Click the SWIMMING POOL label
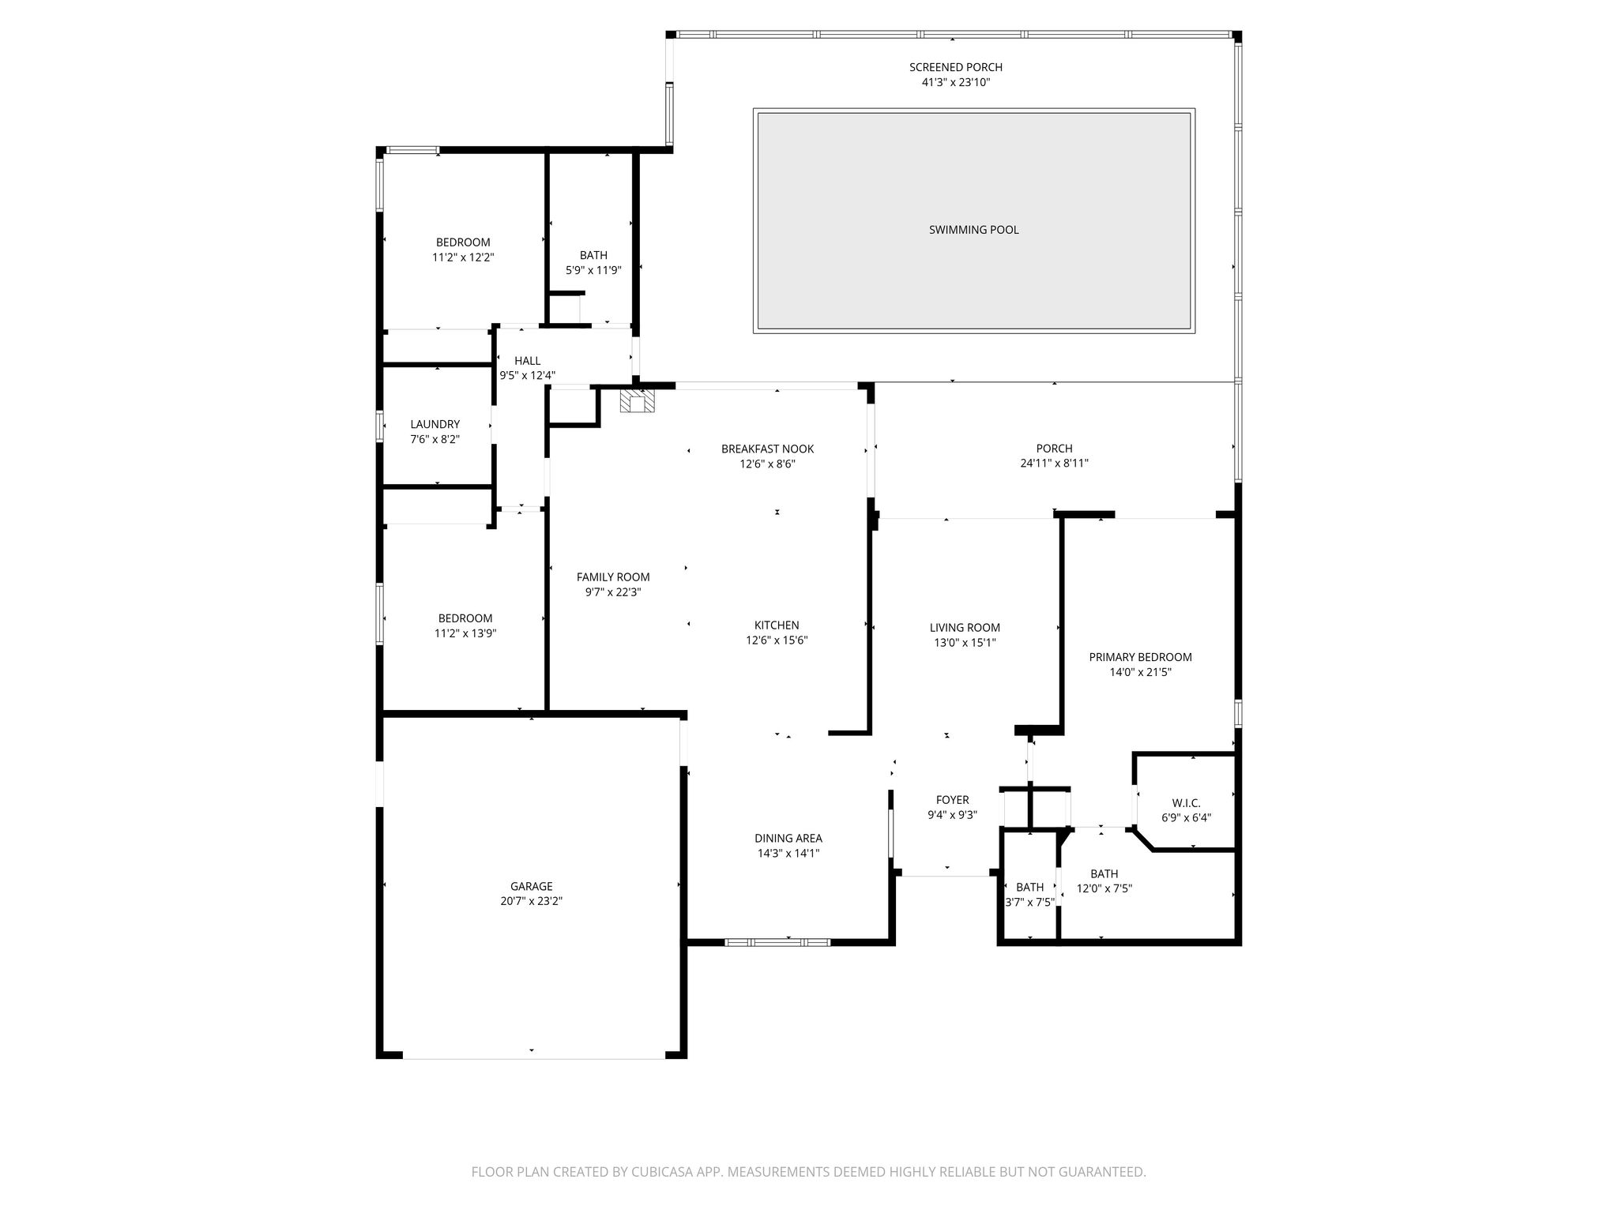click(973, 230)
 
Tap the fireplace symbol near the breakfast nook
click(637, 402)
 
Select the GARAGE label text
click(531, 886)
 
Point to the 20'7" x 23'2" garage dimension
click(531, 901)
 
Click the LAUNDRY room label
click(435, 424)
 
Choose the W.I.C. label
click(1186, 803)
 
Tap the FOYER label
click(952, 800)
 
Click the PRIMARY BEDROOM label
click(1140, 657)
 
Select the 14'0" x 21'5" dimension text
click(1140, 672)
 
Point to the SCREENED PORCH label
click(955, 67)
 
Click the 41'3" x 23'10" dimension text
click(955, 82)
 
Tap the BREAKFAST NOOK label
click(767, 449)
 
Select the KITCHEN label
click(777, 625)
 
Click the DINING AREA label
click(788, 838)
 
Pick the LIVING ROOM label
click(965, 628)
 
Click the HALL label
click(527, 361)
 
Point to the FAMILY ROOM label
click(612, 577)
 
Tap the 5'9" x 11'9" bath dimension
click(593, 270)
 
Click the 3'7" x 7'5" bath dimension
click(1029, 902)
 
